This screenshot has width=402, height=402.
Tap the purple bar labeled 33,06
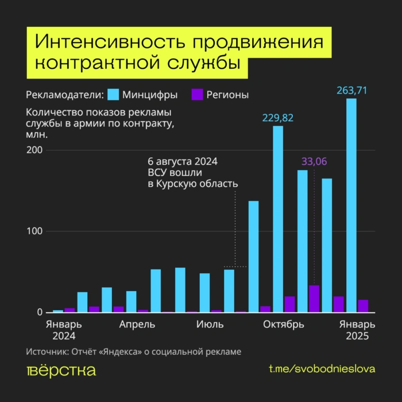pos(314,299)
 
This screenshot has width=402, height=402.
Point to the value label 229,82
pos(278,118)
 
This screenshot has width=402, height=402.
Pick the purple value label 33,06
pos(314,162)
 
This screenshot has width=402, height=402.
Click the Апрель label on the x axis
pos(137,325)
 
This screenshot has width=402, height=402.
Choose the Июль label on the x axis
pos(210,325)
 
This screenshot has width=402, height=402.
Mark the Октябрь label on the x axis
pos(283,325)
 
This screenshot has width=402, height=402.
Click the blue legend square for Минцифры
pos(114,95)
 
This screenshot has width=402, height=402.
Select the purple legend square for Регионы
pos(197,95)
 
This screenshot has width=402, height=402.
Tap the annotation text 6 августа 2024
pos(183,161)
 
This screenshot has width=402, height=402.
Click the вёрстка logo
pos(61,370)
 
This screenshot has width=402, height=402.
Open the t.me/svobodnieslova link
pos(322,369)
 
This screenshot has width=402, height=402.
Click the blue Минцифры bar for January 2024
pos(58,311)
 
